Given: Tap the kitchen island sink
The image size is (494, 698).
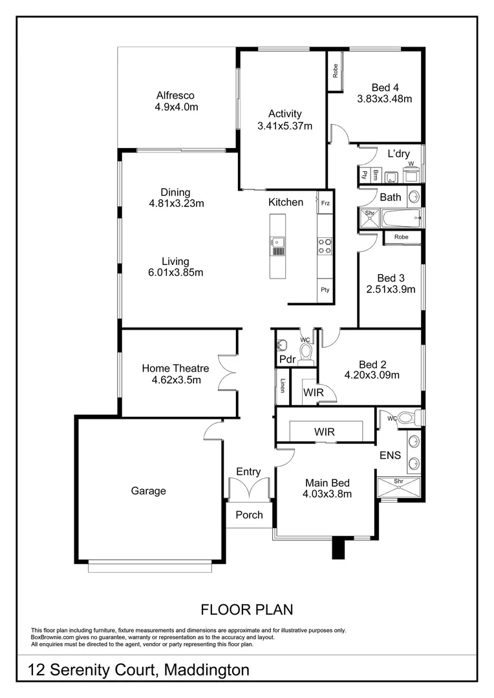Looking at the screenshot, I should pyautogui.click(x=278, y=244).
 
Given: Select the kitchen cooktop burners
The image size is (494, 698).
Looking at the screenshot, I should pyautogui.click(x=325, y=245).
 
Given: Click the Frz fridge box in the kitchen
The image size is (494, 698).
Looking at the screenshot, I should pyautogui.click(x=325, y=203).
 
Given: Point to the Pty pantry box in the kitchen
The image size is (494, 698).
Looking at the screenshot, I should pyautogui.click(x=325, y=290).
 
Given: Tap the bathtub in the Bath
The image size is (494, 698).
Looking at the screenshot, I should pyautogui.click(x=401, y=218).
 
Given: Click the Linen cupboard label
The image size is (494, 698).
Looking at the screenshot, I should pyautogui.click(x=283, y=386).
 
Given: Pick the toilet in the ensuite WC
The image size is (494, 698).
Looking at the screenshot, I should pyautogui.click(x=406, y=418).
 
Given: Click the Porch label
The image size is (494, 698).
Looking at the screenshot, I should pyautogui.click(x=249, y=515).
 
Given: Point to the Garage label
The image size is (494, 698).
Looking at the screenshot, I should pyautogui.click(x=149, y=491).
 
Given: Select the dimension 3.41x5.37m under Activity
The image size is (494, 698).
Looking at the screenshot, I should pyautogui.click(x=285, y=126).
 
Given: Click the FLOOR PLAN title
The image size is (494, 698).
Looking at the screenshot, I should pyautogui.click(x=247, y=609).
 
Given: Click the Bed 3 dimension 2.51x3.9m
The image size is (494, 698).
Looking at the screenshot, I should pyautogui.click(x=390, y=290).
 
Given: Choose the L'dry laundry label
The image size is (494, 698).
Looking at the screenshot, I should pyautogui.click(x=398, y=154).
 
